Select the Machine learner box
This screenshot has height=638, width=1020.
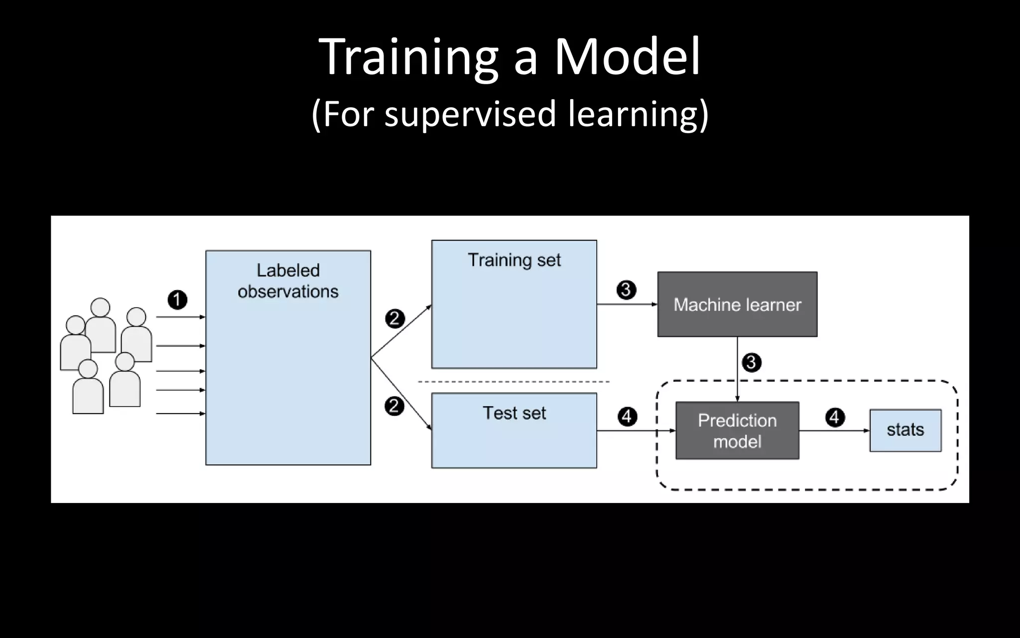click(737, 304)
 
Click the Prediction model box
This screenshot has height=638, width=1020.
click(737, 431)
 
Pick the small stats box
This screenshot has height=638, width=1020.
click(905, 430)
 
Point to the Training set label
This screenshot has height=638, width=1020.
click(514, 260)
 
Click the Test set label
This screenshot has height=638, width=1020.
click(514, 413)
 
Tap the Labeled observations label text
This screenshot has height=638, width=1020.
click(288, 281)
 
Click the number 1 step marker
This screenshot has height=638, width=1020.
click(177, 300)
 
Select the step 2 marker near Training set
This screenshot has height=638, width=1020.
click(395, 319)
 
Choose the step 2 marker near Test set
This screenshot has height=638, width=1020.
click(394, 406)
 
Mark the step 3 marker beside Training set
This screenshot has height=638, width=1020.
click(626, 290)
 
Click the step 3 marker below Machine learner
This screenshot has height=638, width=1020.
click(752, 362)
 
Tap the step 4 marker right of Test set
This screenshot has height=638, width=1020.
click(627, 416)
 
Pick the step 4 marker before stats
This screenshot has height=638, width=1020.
click(835, 417)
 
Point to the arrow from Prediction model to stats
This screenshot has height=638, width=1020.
click(834, 431)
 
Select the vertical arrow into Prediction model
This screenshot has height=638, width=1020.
click(738, 369)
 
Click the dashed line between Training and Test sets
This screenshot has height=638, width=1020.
click(513, 382)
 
